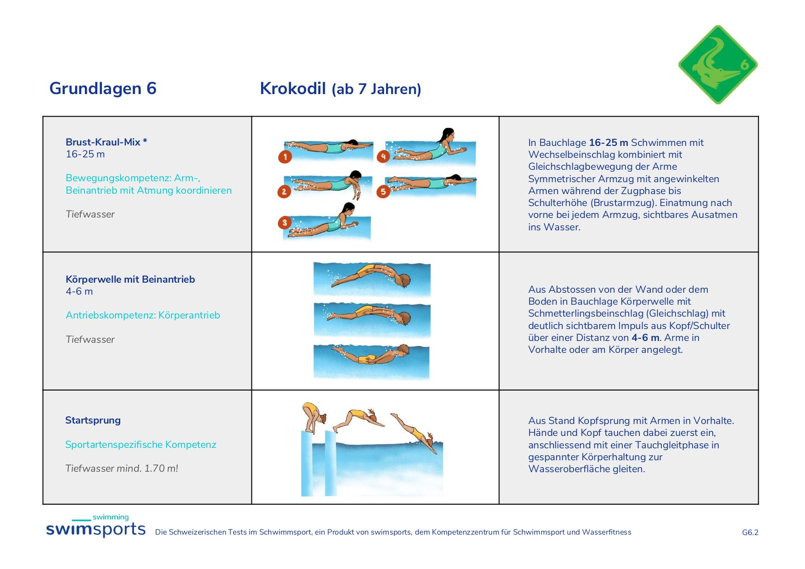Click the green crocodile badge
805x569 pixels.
[x=718, y=65]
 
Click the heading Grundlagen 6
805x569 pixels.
[x=103, y=88]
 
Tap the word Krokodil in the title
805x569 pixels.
[x=293, y=88]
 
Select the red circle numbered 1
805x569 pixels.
[x=285, y=157]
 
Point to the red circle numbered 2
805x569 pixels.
[x=285, y=191]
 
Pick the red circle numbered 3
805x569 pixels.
[x=285, y=223]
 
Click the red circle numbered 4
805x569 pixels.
[x=383, y=156]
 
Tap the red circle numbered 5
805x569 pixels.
[x=383, y=191]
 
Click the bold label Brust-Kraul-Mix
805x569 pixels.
[x=106, y=142]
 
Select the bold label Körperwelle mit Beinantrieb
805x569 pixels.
[x=130, y=279]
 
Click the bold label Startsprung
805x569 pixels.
[x=93, y=420]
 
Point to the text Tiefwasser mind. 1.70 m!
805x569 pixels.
[x=122, y=469]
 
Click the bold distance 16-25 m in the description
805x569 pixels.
[x=609, y=143]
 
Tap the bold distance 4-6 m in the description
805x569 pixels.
[x=645, y=338]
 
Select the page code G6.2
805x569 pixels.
[x=750, y=532]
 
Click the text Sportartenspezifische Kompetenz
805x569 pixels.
[x=141, y=445]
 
